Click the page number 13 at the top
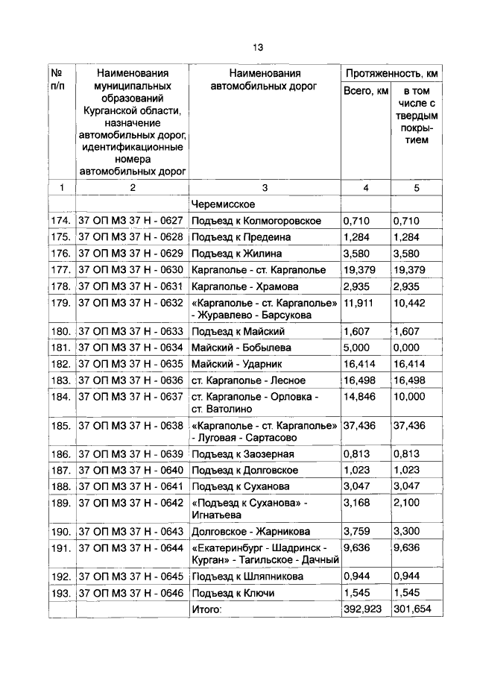tap(257, 47)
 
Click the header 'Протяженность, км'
tap(390, 74)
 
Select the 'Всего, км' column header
tap(365, 91)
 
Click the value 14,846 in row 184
tap(360, 396)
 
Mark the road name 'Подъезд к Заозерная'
tap(242, 454)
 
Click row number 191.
tap(61, 547)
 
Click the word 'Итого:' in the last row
tap(206, 609)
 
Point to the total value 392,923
tap(363, 609)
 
